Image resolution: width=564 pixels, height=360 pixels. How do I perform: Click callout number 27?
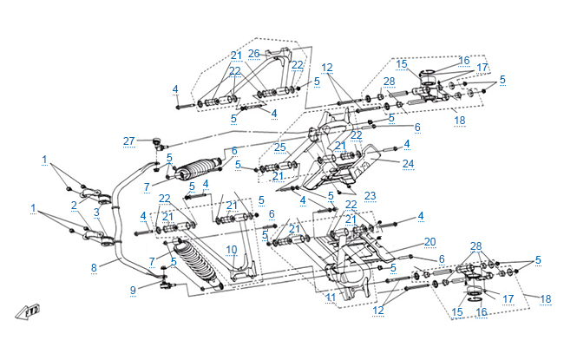pyautogui.click(x=128, y=141)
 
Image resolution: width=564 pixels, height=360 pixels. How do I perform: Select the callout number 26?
pyautogui.click(x=253, y=54)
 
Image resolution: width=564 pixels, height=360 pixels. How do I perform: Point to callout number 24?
pyautogui.click(x=408, y=162)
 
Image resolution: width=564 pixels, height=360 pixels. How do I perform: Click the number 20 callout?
pyautogui.click(x=430, y=242)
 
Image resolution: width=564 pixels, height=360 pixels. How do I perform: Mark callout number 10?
pyautogui.click(x=231, y=250)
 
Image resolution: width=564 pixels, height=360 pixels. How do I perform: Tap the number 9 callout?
pyautogui.click(x=133, y=290)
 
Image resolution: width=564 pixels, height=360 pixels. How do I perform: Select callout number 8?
pyautogui.click(x=94, y=269)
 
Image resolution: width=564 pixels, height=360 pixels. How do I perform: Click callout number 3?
pyautogui.click(x=97, y=213)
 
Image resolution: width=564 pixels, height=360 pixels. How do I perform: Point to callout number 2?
pyautogui.click(x=75, y=205)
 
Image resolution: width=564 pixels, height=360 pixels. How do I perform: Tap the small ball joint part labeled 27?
pyautogui.click(x=156, y=141)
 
